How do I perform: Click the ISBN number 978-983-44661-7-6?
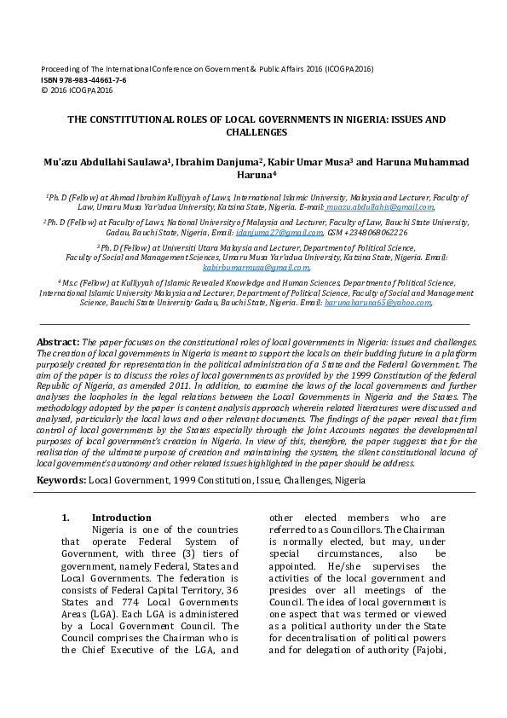pyautogui.click(x=93, y=79)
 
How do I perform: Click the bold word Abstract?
pyautogui.click(x=58, y=342)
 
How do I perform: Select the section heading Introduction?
pyautogui.click(x=121, y=518)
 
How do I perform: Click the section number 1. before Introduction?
pyautogui.click(x=66, y=518)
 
